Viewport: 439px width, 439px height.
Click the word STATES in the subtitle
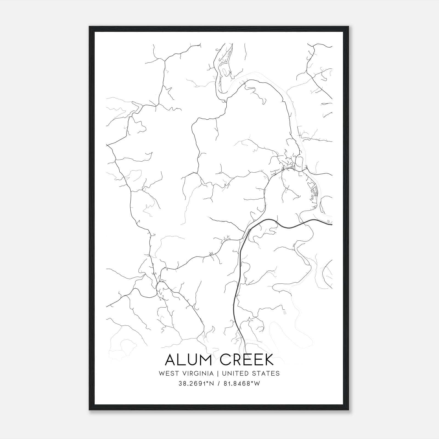pyautogui.click(x=266, y=373)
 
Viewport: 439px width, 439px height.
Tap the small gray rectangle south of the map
pyautogui.click(x=284, y=312)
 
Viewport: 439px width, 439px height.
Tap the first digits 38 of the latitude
pyautogui.click(x=182, y=384)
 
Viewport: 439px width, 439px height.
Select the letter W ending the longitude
pyautogui.click(x=257, y=384)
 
